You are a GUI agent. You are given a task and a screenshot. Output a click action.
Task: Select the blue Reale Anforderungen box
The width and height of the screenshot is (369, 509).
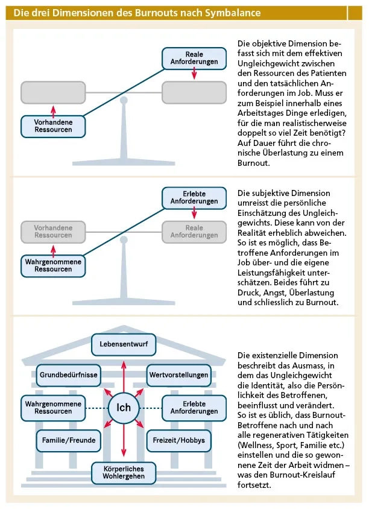tap(194, 58)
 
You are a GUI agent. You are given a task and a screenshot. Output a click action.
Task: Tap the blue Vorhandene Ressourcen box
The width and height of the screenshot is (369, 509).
tap(53, 125)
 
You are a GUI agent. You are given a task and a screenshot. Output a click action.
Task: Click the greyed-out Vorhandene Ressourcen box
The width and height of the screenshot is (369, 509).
tap(53, 231)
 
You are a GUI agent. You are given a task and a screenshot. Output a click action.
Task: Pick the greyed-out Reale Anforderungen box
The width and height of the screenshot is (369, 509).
tap(194, 231)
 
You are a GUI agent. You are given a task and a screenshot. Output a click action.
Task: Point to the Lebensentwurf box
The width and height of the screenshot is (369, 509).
tap(124, 345)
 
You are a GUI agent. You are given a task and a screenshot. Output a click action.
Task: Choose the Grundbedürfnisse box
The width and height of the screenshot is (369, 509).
tap(69, 375)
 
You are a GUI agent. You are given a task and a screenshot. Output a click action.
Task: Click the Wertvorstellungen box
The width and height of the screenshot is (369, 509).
tap(178, 375)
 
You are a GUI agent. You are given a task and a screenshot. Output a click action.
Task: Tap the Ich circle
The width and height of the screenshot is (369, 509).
tap(124, 407)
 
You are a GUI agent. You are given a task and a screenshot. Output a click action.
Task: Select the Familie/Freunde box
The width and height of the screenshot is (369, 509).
tap(69, 440)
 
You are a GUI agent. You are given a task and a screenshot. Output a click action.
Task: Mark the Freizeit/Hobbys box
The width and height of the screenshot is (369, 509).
tap(178, 440)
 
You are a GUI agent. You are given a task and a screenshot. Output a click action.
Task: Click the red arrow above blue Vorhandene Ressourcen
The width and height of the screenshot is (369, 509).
tap(53, 110)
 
